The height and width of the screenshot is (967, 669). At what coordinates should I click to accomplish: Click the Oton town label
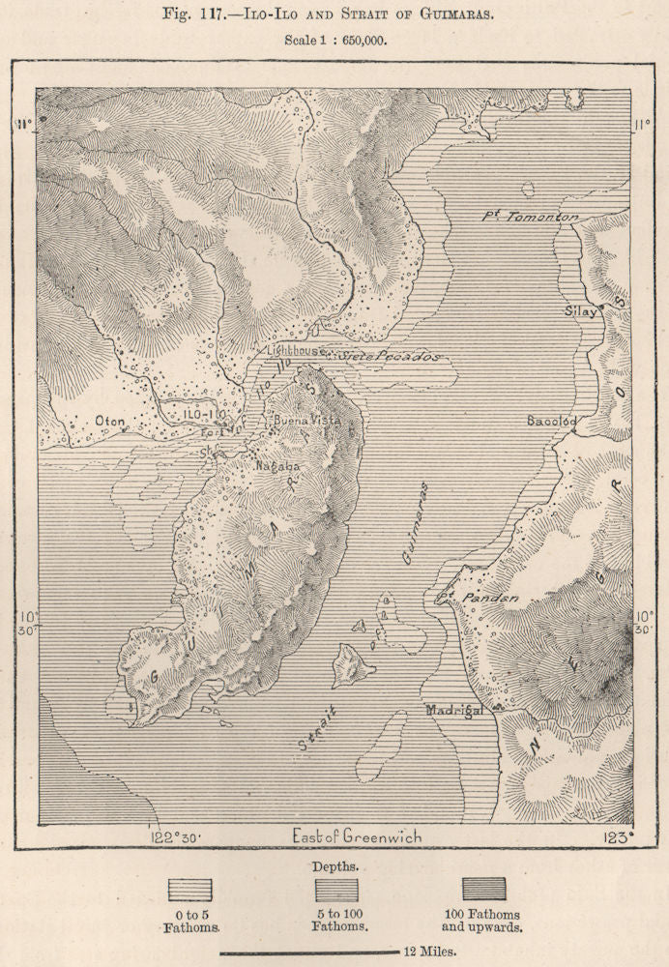point(111,421)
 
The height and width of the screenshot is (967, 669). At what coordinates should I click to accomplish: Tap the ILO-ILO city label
point(204,415)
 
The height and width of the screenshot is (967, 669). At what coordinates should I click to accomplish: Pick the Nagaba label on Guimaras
point(276,466)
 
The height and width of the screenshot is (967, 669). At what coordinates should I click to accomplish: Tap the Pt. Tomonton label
point(530,218)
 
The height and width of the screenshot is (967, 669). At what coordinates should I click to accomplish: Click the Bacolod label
point(552,422)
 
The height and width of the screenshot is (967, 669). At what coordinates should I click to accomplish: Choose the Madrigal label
point(454,711)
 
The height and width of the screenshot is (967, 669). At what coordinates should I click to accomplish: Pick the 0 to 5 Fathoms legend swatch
point(189,889)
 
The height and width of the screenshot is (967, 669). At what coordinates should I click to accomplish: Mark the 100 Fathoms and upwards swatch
point(483,889)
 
